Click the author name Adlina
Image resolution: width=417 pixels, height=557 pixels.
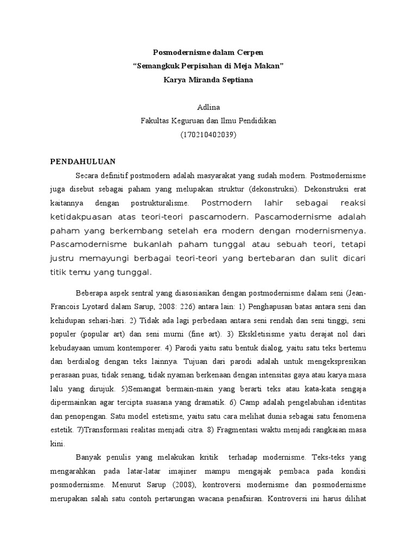(208, 107)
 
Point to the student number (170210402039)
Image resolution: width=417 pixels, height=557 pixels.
(208, 134)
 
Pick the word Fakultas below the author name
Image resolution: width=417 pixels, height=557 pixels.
(156, 121)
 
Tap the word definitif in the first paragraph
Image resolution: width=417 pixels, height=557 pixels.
(118, 176)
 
